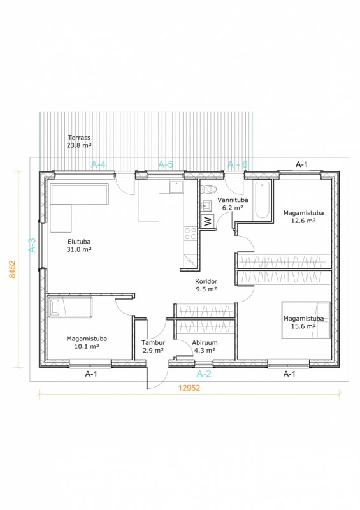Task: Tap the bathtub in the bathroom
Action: click(262, 200)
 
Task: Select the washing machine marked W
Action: click(208, 222)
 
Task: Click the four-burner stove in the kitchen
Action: click(191, 233)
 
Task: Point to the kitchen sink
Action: click(176, 187)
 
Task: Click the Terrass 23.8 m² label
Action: click(79, 142)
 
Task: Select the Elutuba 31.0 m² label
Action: click(79, 245)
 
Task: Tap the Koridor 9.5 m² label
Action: click(206, 285)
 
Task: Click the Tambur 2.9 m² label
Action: click(153, 346)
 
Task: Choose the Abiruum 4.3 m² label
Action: click(205, 346)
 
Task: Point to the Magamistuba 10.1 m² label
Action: click(87, 342)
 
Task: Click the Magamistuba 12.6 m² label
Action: click(303, 217)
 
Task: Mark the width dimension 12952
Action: click(189, 388)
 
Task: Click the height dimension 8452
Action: click(12, 269)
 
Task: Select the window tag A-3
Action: click(32, 245)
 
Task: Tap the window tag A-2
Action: click(204, 374)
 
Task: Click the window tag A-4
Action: click(98, 164)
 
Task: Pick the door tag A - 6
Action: click(238, 164)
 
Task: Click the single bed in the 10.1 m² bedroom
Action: click(70, 307)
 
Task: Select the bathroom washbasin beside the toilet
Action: click(206, 205)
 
